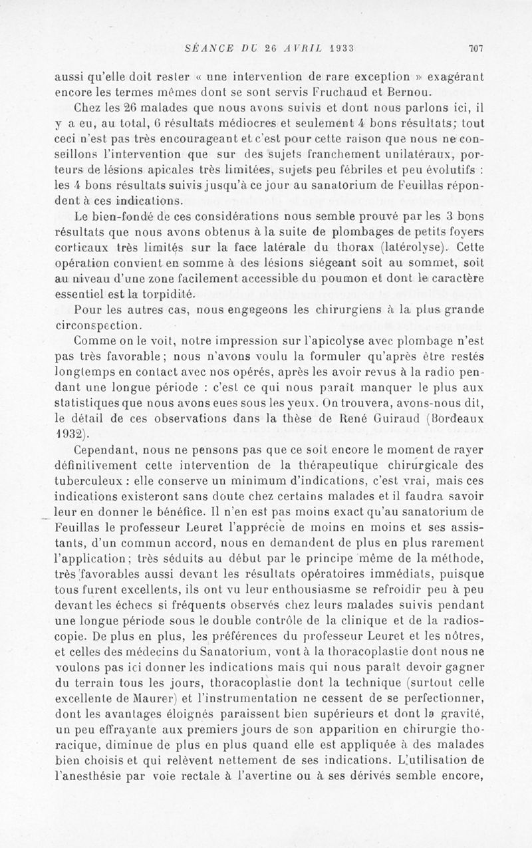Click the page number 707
pos(475,47)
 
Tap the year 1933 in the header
pos(336,47)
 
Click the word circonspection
pos(97,325)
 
